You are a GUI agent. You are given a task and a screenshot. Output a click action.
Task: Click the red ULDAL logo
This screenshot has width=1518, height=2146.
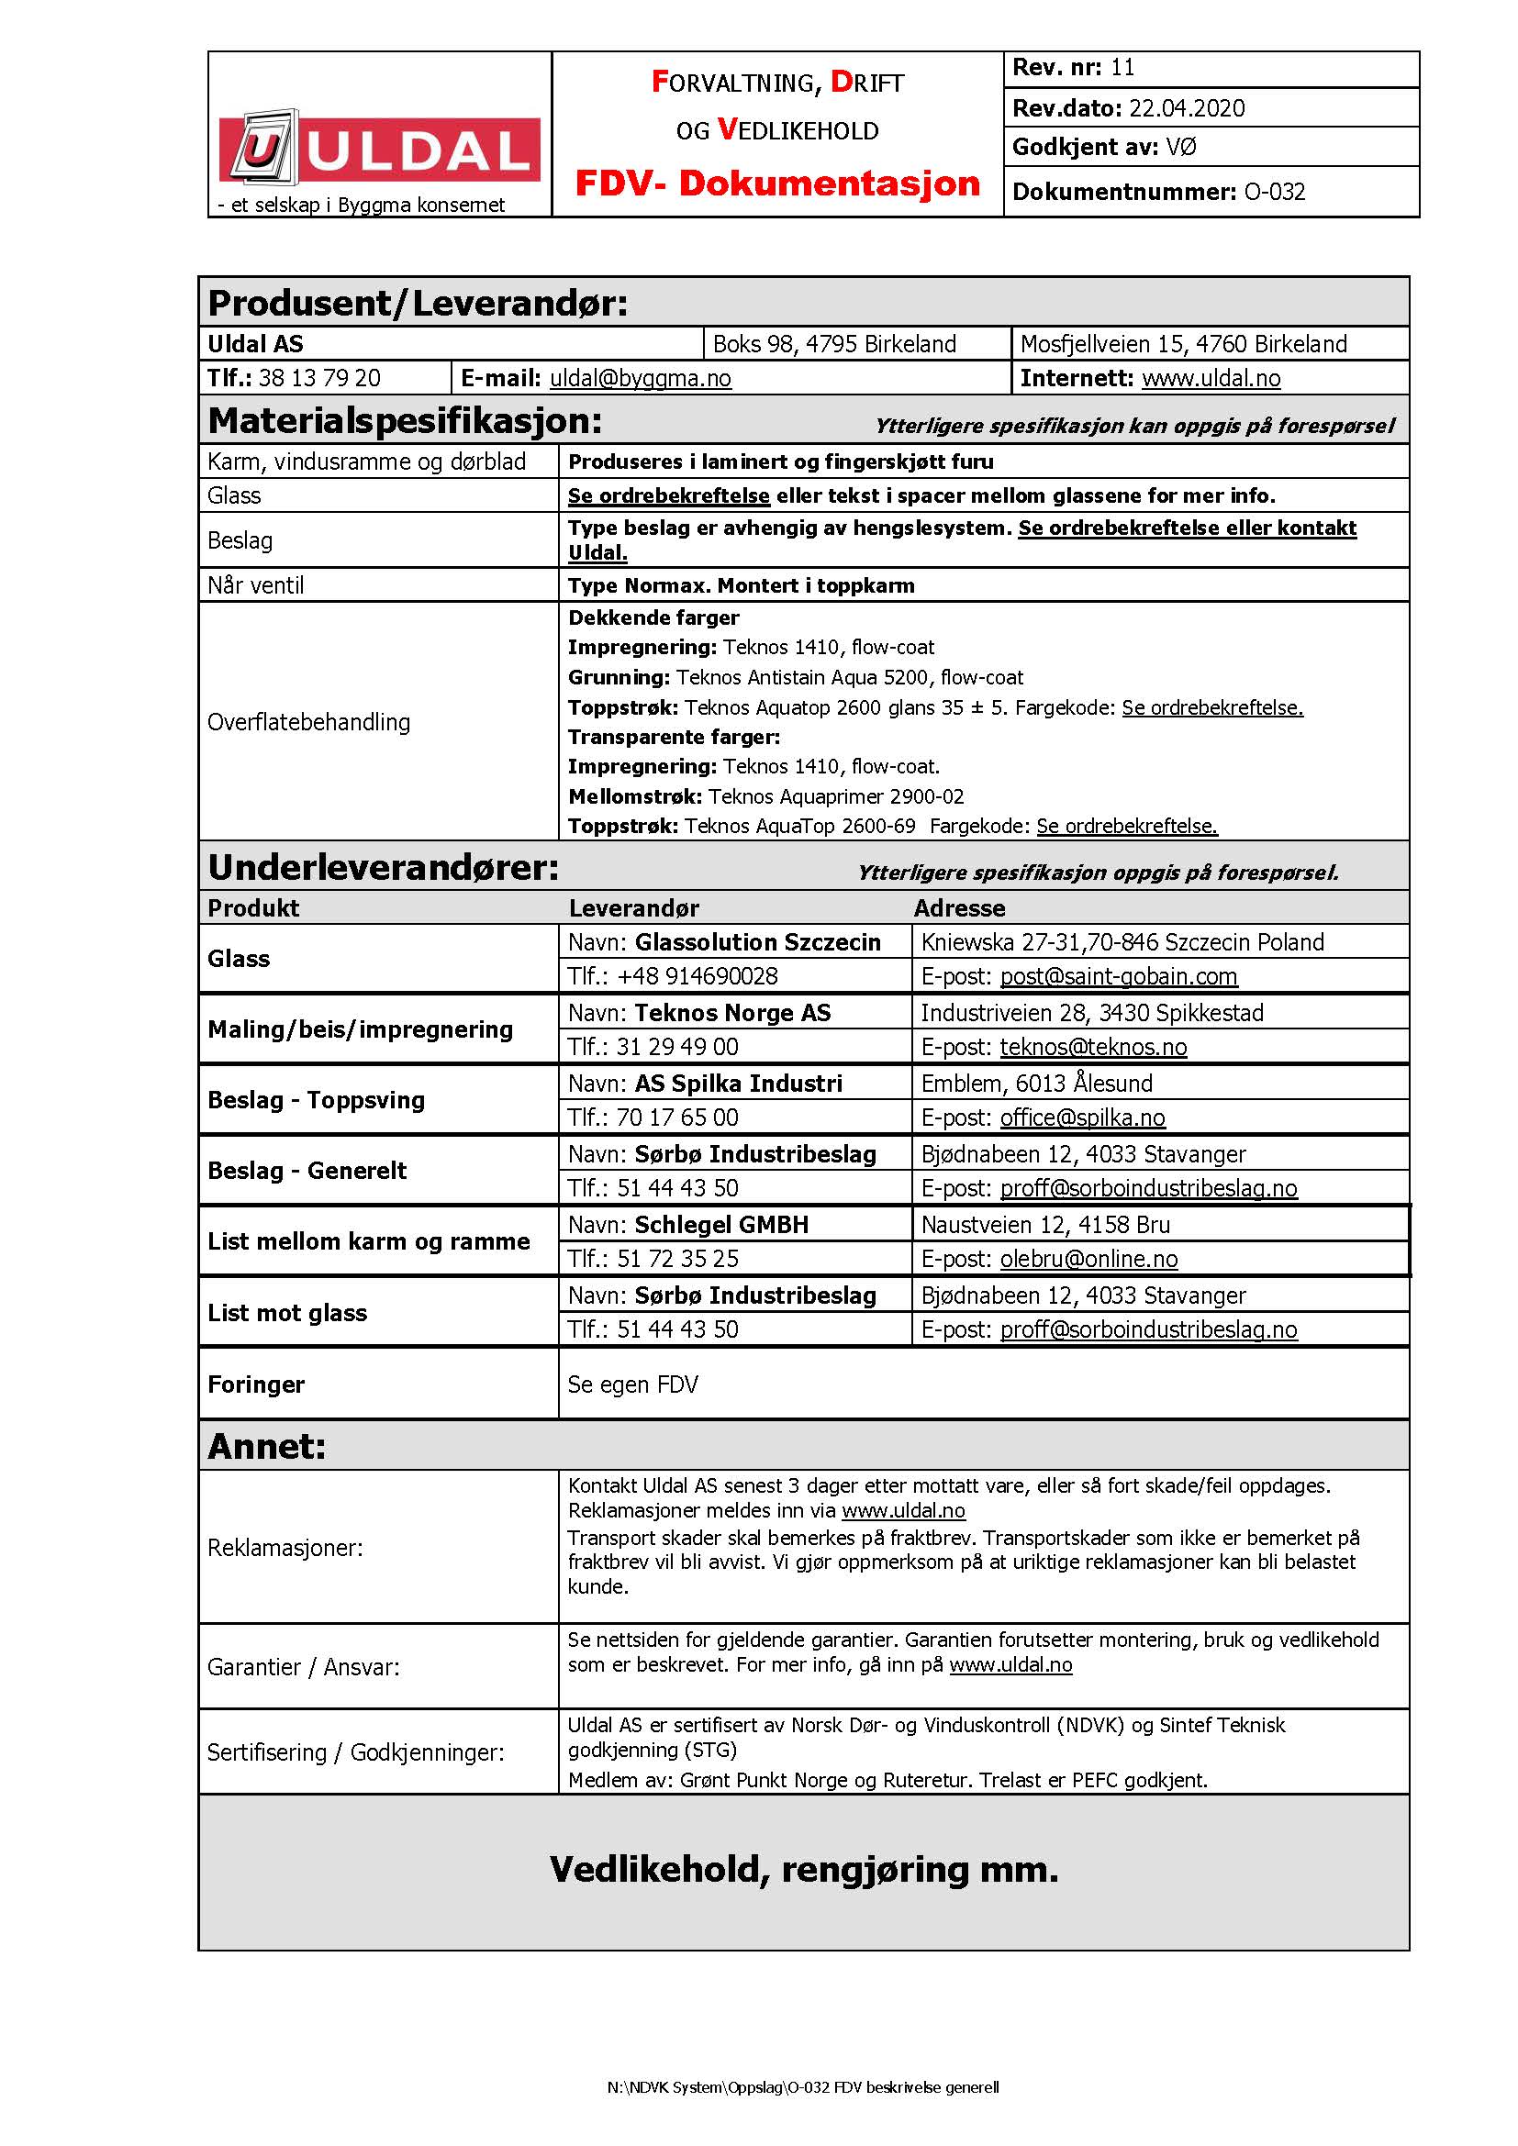(x=380, y=150)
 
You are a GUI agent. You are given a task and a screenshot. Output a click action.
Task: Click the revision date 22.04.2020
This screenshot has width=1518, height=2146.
(x=1186, y=108)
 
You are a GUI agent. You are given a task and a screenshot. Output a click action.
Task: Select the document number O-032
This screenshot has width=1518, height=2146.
(x=1274, y=192)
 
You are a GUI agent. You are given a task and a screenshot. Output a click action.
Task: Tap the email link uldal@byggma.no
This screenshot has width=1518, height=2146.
(x=641, y=378)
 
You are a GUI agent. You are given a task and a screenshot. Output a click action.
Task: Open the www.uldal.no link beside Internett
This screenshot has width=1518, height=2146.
(x=1211, y=378)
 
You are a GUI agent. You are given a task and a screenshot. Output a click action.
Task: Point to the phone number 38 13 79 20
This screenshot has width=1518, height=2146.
(x=319, y=378)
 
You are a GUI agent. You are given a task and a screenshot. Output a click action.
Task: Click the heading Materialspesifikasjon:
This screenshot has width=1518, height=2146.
(x=405, y=420)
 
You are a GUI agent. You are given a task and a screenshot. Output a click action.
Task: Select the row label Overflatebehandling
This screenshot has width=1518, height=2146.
(x=308, y=721)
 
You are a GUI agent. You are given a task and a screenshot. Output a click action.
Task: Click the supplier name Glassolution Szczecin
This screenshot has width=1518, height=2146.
(x=757, y=942)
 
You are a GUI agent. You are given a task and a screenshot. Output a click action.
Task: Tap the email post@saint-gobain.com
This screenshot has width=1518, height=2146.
(x=1118, y=976)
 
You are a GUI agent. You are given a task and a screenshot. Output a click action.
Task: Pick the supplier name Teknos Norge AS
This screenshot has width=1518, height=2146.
(x=731, y=1012)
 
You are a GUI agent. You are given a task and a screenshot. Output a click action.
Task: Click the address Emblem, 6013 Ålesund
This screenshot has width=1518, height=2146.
(x=1036, y=1084)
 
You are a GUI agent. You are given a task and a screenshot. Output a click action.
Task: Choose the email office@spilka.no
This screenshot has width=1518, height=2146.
(x=1082, y=1117)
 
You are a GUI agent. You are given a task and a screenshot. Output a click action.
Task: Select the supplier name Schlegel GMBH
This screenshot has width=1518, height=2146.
(x=720, y=1225)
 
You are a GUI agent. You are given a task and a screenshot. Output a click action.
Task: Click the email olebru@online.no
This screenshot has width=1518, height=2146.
(x=1088, y=1259)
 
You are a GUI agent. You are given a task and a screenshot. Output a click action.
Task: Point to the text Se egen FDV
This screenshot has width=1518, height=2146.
(x=633, y=1384)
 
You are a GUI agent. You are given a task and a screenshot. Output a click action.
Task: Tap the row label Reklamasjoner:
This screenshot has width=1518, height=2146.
(x=285, y=1548)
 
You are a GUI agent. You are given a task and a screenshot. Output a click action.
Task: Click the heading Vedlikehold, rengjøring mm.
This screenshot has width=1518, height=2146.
(x=804, y=1869)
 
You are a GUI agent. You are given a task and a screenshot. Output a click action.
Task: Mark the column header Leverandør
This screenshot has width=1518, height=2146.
(x=634, y=907)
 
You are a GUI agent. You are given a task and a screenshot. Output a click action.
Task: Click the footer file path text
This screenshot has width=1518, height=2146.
(x=803, y=2087)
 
